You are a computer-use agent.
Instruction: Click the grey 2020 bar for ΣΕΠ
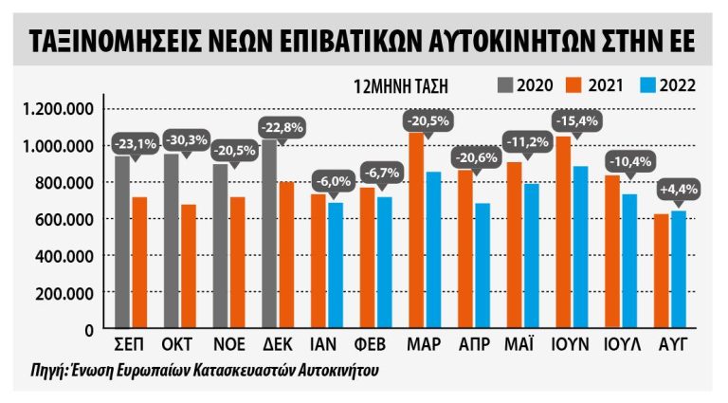pos(121,243)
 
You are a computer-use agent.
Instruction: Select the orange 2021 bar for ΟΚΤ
pos(188,266)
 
